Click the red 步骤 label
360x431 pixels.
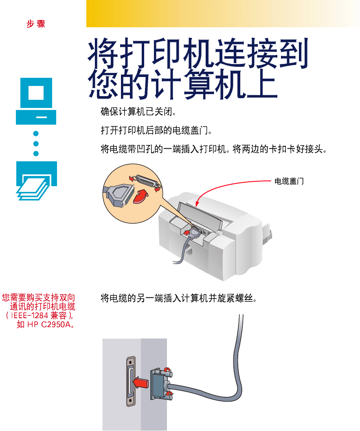[x=36, y=24]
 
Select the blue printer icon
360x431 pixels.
[x=37, y=180]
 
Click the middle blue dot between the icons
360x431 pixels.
[x=36, y=143]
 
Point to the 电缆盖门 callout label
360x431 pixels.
[x=289, y=181]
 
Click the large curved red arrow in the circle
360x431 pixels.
[x=141, y=196]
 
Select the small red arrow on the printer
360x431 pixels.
[x=187, y=233]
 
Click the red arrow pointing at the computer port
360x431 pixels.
[x=140, y=383]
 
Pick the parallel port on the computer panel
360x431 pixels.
[x=131, y=381]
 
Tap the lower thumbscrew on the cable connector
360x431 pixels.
[x=168, y=395]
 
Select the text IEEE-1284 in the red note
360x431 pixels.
[x=29, y=315]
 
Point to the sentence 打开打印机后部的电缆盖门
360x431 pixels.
[x=156, y=130]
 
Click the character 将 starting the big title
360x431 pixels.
[x=103, y=53]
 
